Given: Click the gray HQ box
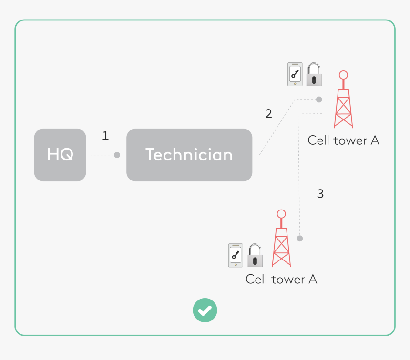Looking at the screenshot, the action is coord(60,155).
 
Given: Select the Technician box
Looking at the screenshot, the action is coord(189,155).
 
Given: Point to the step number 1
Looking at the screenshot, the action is coord(105,136).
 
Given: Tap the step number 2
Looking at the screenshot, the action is coord(268,114).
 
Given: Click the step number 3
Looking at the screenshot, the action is coord(320,194).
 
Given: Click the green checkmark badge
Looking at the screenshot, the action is coord(205,310).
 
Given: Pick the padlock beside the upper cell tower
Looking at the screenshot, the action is coord(314,75).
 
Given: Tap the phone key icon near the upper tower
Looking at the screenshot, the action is coord(295,75).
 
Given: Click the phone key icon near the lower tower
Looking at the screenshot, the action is coord(236,256).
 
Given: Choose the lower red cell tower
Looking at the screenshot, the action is coord(281,243).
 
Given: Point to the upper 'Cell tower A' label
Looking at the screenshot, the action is coord(343,140).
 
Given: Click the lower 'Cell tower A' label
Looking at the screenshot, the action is coord(281,279).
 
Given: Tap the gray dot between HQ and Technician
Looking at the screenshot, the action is coord(117,155).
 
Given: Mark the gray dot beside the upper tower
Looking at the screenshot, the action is coord(319,100).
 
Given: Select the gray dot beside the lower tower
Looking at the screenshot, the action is coord(300,238).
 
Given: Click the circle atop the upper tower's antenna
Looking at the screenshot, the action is coord(343,75).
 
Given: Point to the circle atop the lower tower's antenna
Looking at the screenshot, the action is coord(281,214).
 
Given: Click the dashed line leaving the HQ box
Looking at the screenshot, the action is coord(100,155).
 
